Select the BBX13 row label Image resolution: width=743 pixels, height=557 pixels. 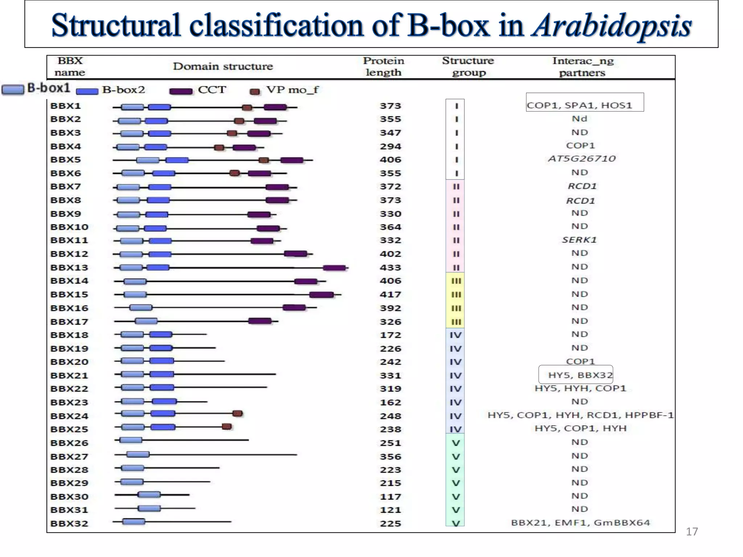click(x=69, y=268)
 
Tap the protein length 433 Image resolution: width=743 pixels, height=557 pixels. click(x=390, y=268)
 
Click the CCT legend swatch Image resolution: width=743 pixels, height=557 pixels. click(x=181, y=91)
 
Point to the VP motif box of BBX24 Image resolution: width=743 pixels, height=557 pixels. click(x=238, y=413)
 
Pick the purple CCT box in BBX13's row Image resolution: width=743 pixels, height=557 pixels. click(x=334, y=268)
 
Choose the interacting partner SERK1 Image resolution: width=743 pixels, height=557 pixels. click(x=579, y=240)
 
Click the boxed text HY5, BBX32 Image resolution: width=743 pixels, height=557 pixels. click(x=576, y=375)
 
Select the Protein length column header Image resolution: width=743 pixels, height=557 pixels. click(x=383, y=66)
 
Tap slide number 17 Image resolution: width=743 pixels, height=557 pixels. click(x=691, y=532)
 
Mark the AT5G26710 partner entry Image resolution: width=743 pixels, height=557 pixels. click(x=582, y=159)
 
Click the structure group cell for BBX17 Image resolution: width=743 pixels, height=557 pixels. click(x=456, y=322)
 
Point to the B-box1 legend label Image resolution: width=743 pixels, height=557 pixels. click(x=49, y=88)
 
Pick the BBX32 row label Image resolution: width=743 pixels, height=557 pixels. click(x=69, y=524)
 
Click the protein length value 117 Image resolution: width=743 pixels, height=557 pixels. click(x=390, y=496)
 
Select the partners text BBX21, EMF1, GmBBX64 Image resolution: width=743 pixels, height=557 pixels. click(x=580, y=523)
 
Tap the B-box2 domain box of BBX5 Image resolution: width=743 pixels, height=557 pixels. click(x=177, y=160)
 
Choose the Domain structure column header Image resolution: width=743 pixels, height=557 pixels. click(x=223, y=66)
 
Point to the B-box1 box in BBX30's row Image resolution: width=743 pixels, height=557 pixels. click(x=149, y=495)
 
